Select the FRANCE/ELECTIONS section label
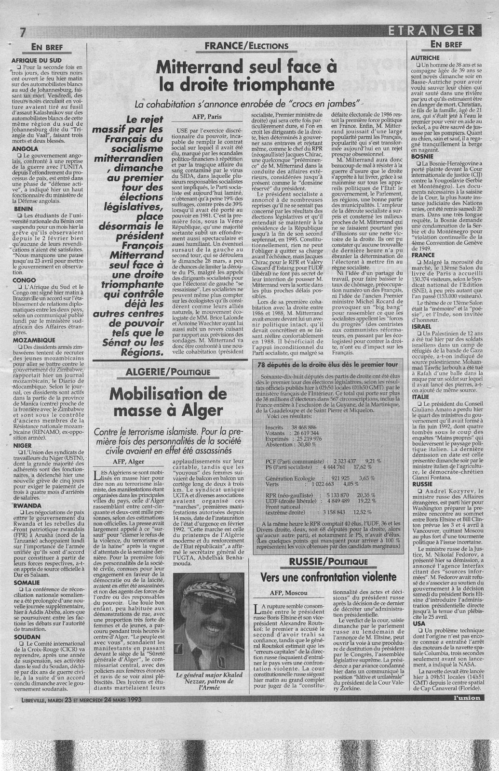pos(246,46)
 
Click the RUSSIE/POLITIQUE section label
pos(329,561)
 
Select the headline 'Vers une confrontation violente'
pos(329,577)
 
